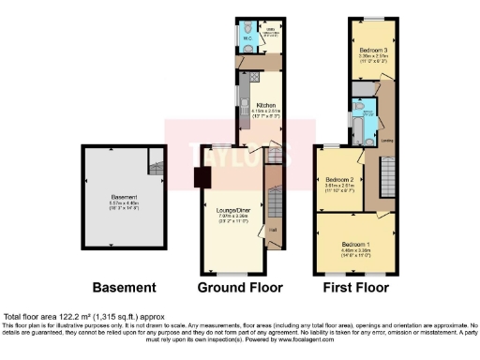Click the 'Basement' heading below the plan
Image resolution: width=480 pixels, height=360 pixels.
[x=124, y=287]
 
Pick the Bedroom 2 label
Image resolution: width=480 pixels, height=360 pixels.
[x=338, y=179]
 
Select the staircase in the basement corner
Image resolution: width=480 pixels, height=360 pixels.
[x=154, y=166]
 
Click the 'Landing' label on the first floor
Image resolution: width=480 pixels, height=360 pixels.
[x=386, y=142]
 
